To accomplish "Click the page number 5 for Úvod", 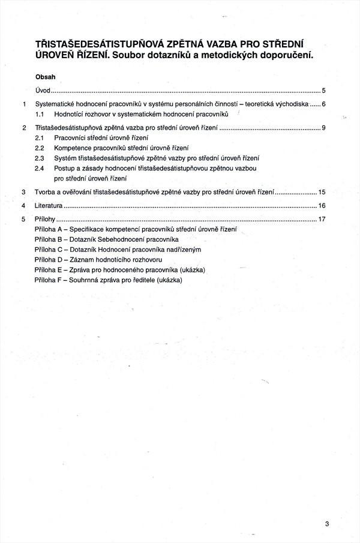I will (x=323, y=91).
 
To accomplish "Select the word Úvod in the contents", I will (x=43, y=91).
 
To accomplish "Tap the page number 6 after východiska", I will (x=323, y=104).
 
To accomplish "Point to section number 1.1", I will (x=40, y=113).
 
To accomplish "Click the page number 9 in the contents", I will (x=323, y=128).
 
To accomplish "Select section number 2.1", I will (x=40, y=137).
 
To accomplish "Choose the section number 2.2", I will (x=40, y=148).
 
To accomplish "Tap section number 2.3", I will (x=40, y=158).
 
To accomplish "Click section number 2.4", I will (x=40, y=168).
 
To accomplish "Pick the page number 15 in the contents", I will (x=322, y=192).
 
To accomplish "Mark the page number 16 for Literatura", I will (x=322, y=206).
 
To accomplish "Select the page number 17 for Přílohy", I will (x=322, y=219).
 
